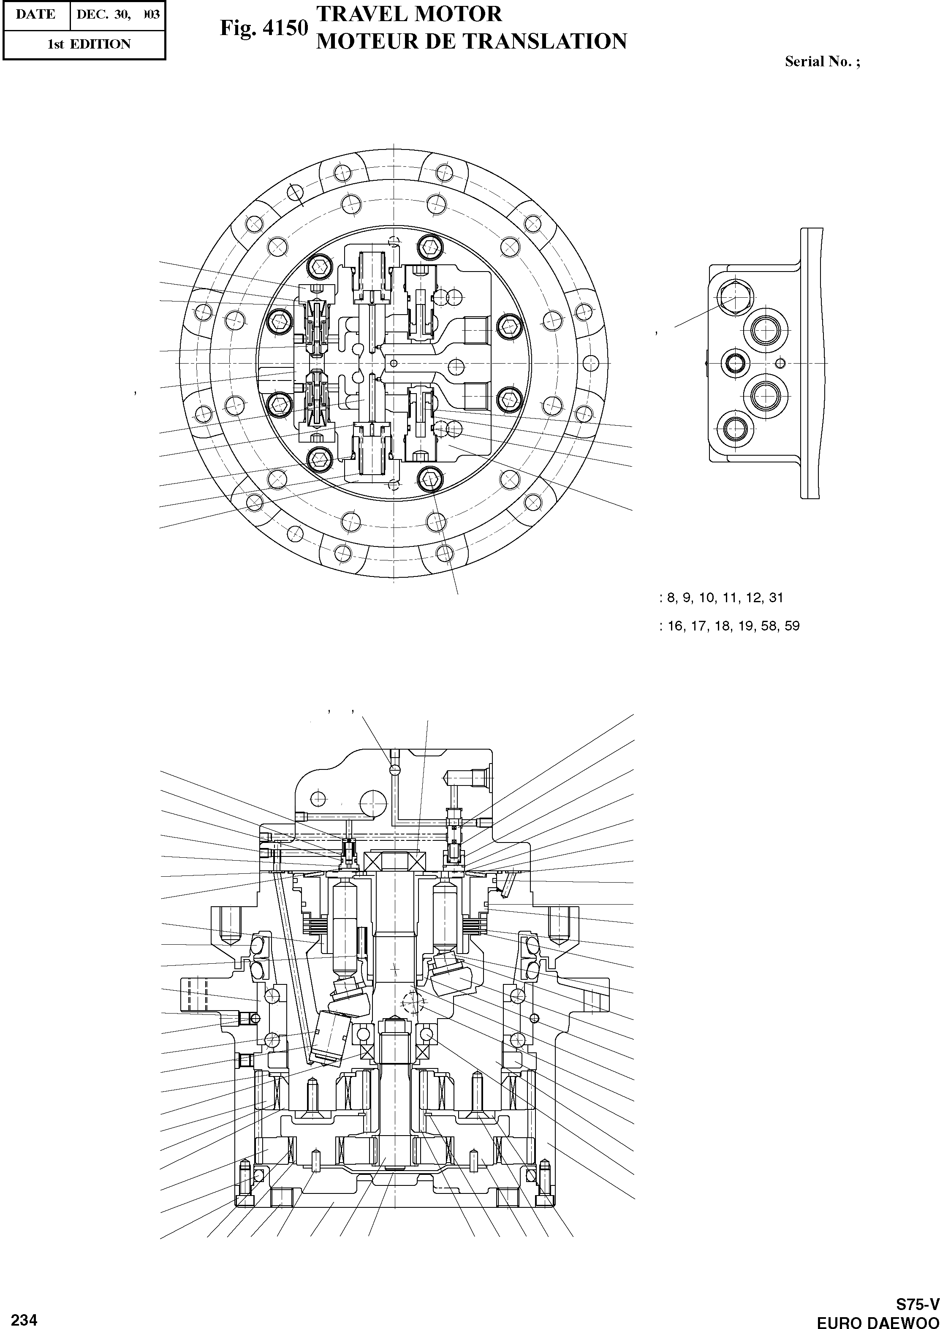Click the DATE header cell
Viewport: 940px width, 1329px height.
point(36,14)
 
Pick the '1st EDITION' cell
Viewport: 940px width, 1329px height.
point(89,44)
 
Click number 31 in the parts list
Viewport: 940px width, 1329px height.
point(776,598)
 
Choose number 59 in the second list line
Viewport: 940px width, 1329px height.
point(792,626)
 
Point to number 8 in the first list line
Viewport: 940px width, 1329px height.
point(671,598)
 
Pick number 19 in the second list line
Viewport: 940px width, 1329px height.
point(745,626)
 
